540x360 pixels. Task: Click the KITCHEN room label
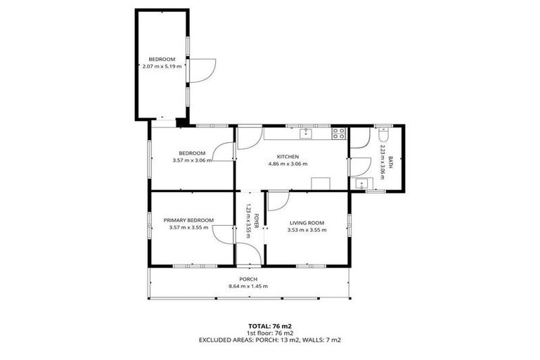tap(288, 156)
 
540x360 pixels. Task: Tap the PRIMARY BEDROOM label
tap(188, 220)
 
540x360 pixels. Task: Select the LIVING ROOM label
tap(308, 223)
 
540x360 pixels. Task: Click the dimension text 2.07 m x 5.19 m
tap(162, 66)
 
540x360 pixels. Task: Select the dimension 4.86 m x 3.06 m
tap(288, 164)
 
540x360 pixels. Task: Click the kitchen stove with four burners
tap(339, 131)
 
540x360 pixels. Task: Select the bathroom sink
tap(361, 184)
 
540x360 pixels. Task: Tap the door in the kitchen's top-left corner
tap(247, 138)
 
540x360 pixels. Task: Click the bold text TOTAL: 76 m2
tap(270, 326)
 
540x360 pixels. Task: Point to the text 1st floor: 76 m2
tap(270, 333)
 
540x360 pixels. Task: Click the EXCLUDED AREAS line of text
tap(270, 340)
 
